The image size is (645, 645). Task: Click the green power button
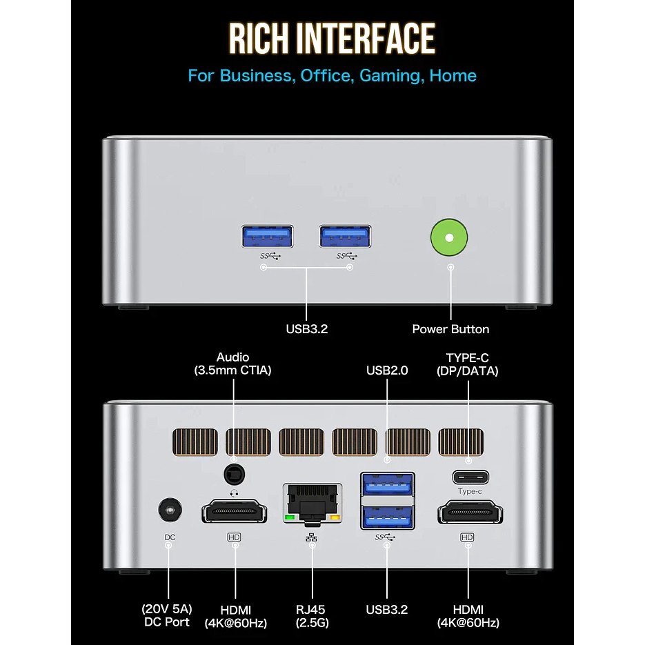pos(450,238)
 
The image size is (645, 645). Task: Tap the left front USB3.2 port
pos(267,237)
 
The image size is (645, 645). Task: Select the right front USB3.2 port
pos(346,237)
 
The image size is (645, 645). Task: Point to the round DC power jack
pos(168,511)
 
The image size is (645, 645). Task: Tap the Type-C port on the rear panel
pos(470,477)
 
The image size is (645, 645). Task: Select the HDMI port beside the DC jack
pos(234,513)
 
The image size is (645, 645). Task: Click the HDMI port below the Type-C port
pos(470,513)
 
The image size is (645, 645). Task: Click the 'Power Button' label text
pos(450,329)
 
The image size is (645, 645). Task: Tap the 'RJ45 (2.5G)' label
pos(312,616)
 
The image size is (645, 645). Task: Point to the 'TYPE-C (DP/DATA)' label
pos(468,364)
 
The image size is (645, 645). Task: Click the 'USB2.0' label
pos(387,370)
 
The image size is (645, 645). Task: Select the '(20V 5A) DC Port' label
pos(166,616)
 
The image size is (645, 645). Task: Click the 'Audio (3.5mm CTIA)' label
pos(233,364)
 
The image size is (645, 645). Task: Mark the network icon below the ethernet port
pos(312,537)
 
